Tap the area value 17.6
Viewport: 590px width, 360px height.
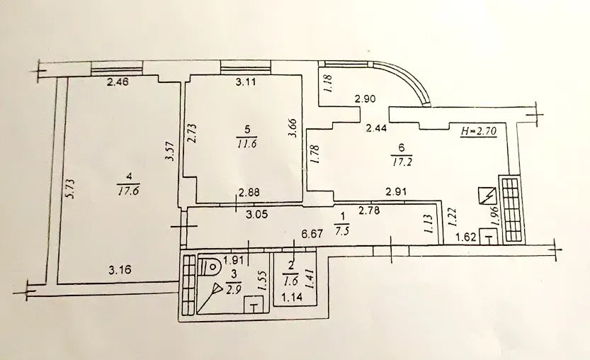129,191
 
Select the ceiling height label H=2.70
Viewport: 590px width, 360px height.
479,131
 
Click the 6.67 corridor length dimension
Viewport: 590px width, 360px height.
312,234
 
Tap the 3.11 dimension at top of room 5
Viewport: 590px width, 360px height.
246,81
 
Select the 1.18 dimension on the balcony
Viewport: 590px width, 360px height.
328,84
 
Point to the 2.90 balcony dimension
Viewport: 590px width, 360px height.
365,100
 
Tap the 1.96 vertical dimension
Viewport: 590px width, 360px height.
495,216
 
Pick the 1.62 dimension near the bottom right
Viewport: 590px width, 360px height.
466,237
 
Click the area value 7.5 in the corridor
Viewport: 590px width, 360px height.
342,230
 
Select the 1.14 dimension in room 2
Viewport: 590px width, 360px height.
292,298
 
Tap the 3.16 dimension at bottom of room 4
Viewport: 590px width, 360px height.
120,270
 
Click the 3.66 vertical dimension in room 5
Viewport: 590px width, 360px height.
294,129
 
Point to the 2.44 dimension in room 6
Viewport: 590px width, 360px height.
377,129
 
